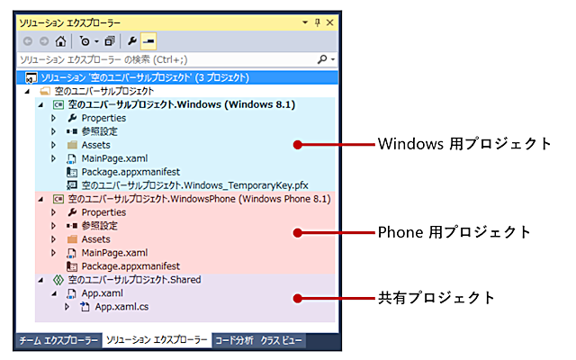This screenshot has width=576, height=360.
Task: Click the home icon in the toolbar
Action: click(x=60, y=41)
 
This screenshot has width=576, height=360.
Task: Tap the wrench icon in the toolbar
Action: click(x=132, y=40)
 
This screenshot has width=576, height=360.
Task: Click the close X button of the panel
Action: click(x=330, y=22)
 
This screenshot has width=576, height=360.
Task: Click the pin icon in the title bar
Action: click(x=318, y=22)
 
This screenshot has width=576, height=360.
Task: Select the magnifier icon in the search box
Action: click(x=322, y=59)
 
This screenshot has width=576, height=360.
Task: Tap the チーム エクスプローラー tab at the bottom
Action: click(x=58, y=340)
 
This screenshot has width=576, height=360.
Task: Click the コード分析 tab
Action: click(x=234, y=340)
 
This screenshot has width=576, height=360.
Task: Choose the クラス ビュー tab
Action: click(x=281, y=340)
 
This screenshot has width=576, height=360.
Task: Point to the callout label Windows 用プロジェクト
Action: click(x=464, y=144)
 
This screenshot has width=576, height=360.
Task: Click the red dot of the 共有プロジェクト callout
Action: click(x=298, y=298)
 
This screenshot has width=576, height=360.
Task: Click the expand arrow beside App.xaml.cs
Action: click(x=67, y=307)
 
